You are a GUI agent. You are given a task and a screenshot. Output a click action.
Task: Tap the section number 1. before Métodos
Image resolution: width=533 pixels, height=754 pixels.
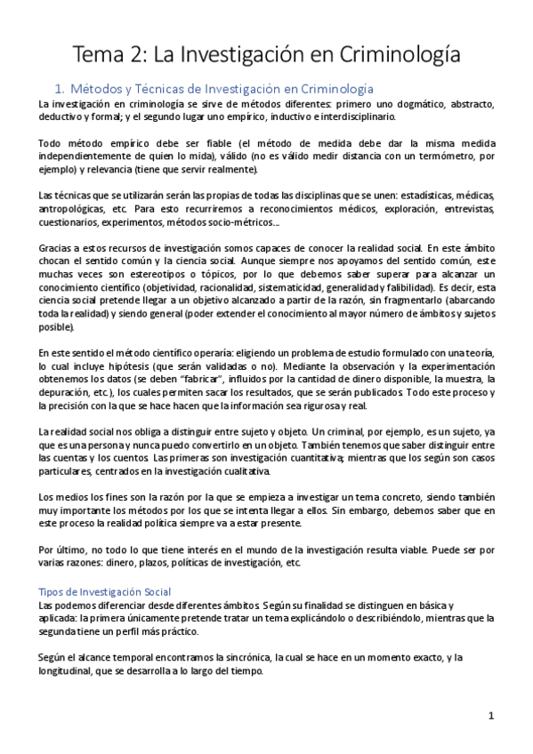(x=61, y=89)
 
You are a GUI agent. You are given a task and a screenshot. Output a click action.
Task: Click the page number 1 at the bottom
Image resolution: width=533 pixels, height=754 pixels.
(x=490, y=716)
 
